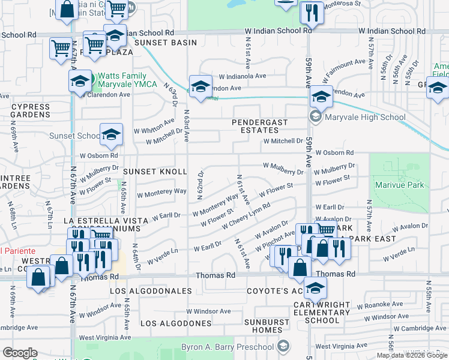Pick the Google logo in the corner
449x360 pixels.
pyautogui.click(x=20, y=353)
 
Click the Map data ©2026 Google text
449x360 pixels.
pyautogui.click(x=412, y=355)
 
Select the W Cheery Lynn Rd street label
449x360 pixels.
pyautogui.click(x=246, y=216)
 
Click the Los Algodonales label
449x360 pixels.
pyautogui.click(x=151, y=291)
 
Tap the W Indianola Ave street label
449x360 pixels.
pyautogui.click(x=243, y=77)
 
